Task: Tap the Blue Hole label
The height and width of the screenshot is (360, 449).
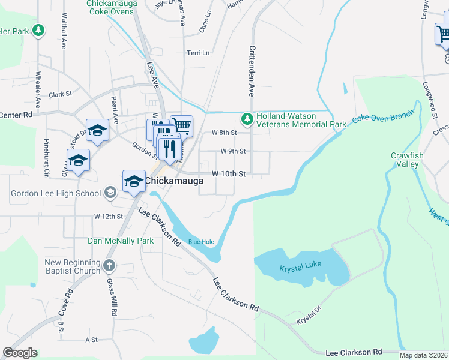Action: coord(201,242)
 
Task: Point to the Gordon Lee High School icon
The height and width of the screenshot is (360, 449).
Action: coord(110,193)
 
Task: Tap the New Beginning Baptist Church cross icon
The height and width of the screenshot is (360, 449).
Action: coord(109,265)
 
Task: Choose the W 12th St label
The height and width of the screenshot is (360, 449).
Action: coord(108,215)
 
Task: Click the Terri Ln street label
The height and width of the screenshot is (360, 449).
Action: coord(198,53)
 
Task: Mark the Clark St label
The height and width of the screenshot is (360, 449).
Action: coord(61,94)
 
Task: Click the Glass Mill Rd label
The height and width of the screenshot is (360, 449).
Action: coord(111,298)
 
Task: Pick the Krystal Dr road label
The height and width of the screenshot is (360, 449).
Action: coord(309,317)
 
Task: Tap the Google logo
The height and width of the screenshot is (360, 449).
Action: coord(20,353)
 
